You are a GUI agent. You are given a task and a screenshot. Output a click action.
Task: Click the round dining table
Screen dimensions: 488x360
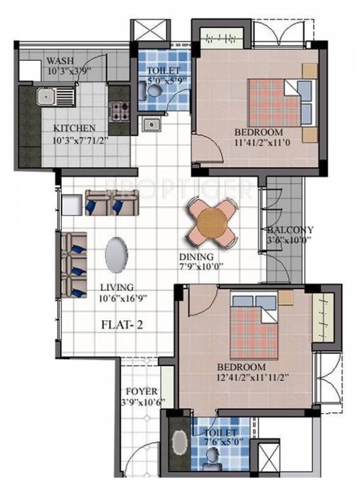[x=212, y=223]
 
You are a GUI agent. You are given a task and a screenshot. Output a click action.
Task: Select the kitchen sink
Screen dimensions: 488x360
[x=46, y=97]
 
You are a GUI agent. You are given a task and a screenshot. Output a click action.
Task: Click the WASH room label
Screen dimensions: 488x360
[x=60, y=62]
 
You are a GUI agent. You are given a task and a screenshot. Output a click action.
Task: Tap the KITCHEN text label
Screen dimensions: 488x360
[x=74, y=127]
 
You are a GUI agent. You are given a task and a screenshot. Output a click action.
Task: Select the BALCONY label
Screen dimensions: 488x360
[x=290, y=229]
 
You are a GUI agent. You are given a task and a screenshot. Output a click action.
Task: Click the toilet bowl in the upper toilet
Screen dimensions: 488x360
[x=154, y=93]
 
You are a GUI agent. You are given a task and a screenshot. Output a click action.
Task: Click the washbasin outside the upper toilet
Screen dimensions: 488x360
[x=150, y=124]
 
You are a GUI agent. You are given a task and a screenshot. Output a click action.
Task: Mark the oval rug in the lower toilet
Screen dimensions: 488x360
[x=180, y=443]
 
